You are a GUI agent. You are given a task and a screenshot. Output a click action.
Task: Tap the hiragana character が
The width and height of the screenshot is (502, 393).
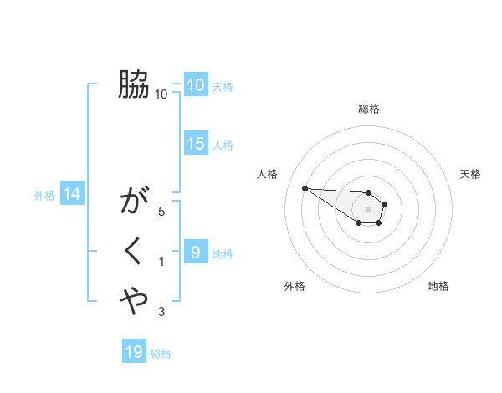(134, 202)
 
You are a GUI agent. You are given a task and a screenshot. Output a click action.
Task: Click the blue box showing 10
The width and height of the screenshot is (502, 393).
(195, 84)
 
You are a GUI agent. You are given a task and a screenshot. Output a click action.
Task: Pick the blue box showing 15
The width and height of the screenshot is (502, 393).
(195, 144)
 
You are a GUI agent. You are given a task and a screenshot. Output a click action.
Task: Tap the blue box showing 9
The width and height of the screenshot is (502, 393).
(195, 252)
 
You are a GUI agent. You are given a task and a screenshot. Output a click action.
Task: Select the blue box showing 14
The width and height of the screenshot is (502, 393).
(71, 195)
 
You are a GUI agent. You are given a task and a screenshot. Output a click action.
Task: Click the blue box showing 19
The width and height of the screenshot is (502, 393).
(134, 352)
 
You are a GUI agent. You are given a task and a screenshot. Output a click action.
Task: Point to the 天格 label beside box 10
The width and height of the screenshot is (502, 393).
(223, 86)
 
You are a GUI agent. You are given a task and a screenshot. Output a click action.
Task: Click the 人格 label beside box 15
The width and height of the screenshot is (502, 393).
(223, 145)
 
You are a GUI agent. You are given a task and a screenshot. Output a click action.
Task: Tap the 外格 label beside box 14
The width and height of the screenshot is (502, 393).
(44, 196)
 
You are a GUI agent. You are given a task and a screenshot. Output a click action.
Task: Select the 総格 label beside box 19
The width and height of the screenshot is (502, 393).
(161, 354)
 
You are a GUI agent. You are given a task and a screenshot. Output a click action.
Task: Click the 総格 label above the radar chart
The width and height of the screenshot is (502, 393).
(369, 109)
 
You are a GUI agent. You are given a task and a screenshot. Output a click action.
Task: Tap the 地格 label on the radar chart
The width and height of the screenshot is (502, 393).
(438, 286)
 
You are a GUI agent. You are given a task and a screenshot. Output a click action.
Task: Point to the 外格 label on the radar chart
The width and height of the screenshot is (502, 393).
(295, 286)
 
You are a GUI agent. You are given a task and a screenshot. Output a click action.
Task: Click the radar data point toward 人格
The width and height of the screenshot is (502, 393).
(305, 188)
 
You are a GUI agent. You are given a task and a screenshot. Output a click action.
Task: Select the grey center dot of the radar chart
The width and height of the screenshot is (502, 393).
(369, 209)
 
